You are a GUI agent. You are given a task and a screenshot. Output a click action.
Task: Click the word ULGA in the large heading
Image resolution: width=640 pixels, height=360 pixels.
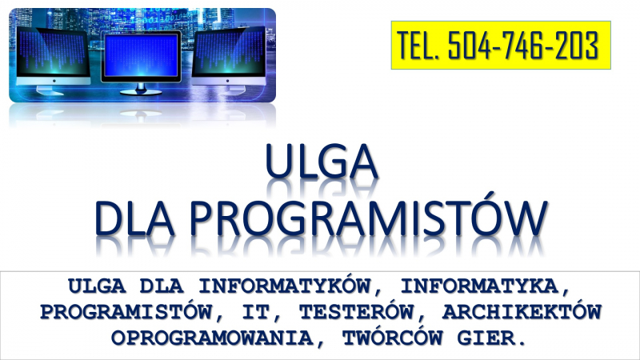tap(322, 162)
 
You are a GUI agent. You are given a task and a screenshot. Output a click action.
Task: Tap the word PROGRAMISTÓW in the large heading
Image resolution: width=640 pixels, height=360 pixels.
tap(369, 218)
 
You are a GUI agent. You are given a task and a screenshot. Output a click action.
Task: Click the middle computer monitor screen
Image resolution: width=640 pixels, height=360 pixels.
tap(141, 55)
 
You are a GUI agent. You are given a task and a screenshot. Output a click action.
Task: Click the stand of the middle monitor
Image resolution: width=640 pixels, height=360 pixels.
tap(141, 90)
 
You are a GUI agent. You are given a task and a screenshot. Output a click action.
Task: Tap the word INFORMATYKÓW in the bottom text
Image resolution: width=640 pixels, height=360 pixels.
tap(285, 286)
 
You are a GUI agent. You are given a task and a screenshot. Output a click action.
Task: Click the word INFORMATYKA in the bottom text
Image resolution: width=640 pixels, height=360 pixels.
tap(479, 286)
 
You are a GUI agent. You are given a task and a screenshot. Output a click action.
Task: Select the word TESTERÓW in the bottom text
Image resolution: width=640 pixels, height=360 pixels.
tap(356, 312)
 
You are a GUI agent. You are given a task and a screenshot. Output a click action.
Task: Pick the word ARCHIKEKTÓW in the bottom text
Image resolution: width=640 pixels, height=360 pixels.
tap(522, 312)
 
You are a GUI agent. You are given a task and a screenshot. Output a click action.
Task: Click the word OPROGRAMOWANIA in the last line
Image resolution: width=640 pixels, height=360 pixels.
tap(212, 338)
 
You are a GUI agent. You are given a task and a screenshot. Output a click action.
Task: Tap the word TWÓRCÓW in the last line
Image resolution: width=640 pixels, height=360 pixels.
tap(393, 338)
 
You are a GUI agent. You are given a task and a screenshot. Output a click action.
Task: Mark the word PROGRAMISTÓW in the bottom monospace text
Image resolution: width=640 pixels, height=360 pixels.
tap(126, 312)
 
